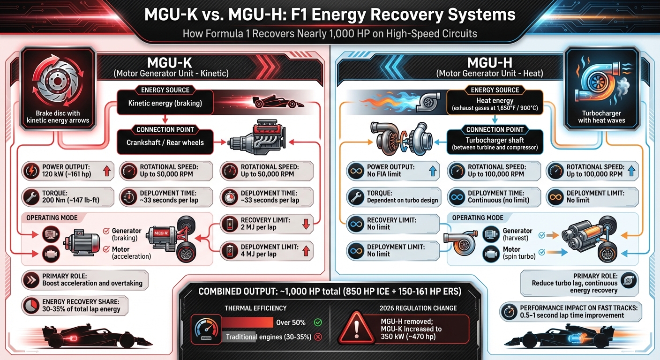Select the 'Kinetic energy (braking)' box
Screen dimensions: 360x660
165,103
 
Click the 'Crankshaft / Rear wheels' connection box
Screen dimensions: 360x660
165,142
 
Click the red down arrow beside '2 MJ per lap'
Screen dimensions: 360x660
306,224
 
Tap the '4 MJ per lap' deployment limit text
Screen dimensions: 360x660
258,254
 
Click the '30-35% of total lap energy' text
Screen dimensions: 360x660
81,309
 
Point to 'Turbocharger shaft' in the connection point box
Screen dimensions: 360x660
495,140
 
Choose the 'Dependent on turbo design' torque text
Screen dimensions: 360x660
402,200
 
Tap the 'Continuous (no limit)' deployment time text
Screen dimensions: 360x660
498,200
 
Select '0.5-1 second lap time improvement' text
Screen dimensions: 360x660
572,315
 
